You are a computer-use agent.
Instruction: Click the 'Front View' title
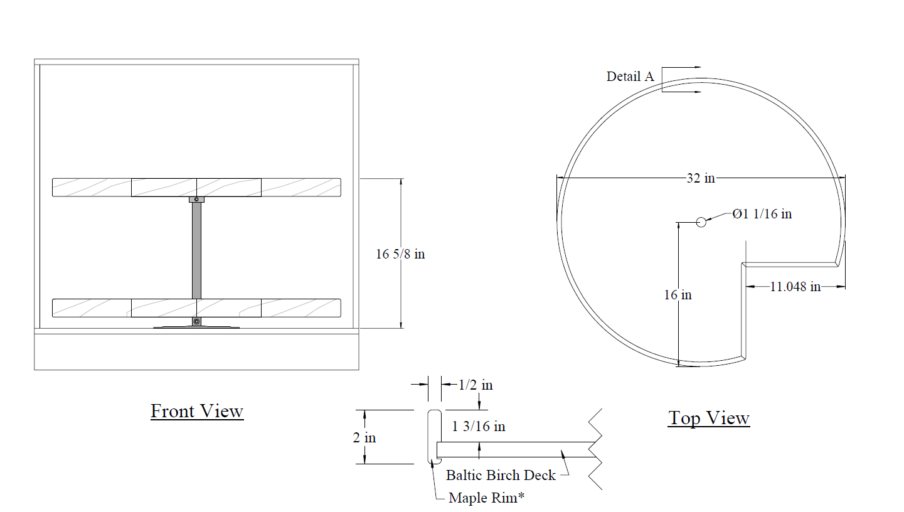point(197,411)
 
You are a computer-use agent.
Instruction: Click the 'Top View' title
point(709,418)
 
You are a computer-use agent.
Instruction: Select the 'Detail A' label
point(630,77)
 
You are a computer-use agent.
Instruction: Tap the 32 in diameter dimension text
point(701,178)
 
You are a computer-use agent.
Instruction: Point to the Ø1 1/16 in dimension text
point(762,213)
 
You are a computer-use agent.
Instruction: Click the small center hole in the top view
point(701,222)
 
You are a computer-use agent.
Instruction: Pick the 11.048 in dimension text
point(795,287)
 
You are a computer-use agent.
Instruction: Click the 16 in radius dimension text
point(678,295)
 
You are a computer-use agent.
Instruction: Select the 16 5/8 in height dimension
point(400,254)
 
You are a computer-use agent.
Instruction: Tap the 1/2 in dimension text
point(476,385)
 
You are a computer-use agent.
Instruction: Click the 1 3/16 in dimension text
point(478,426)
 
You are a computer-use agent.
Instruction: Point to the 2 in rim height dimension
point(364,438)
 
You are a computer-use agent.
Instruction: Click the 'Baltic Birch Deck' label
point(501,475)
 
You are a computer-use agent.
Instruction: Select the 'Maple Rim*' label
point(486,498)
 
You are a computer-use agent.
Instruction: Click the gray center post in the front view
point(196,250)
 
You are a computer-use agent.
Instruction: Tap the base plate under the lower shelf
point(196,327)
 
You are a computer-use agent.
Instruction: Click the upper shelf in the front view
point(196,188)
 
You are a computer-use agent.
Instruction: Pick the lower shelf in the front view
point(196,308)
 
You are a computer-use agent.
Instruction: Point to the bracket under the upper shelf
point(196,200)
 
